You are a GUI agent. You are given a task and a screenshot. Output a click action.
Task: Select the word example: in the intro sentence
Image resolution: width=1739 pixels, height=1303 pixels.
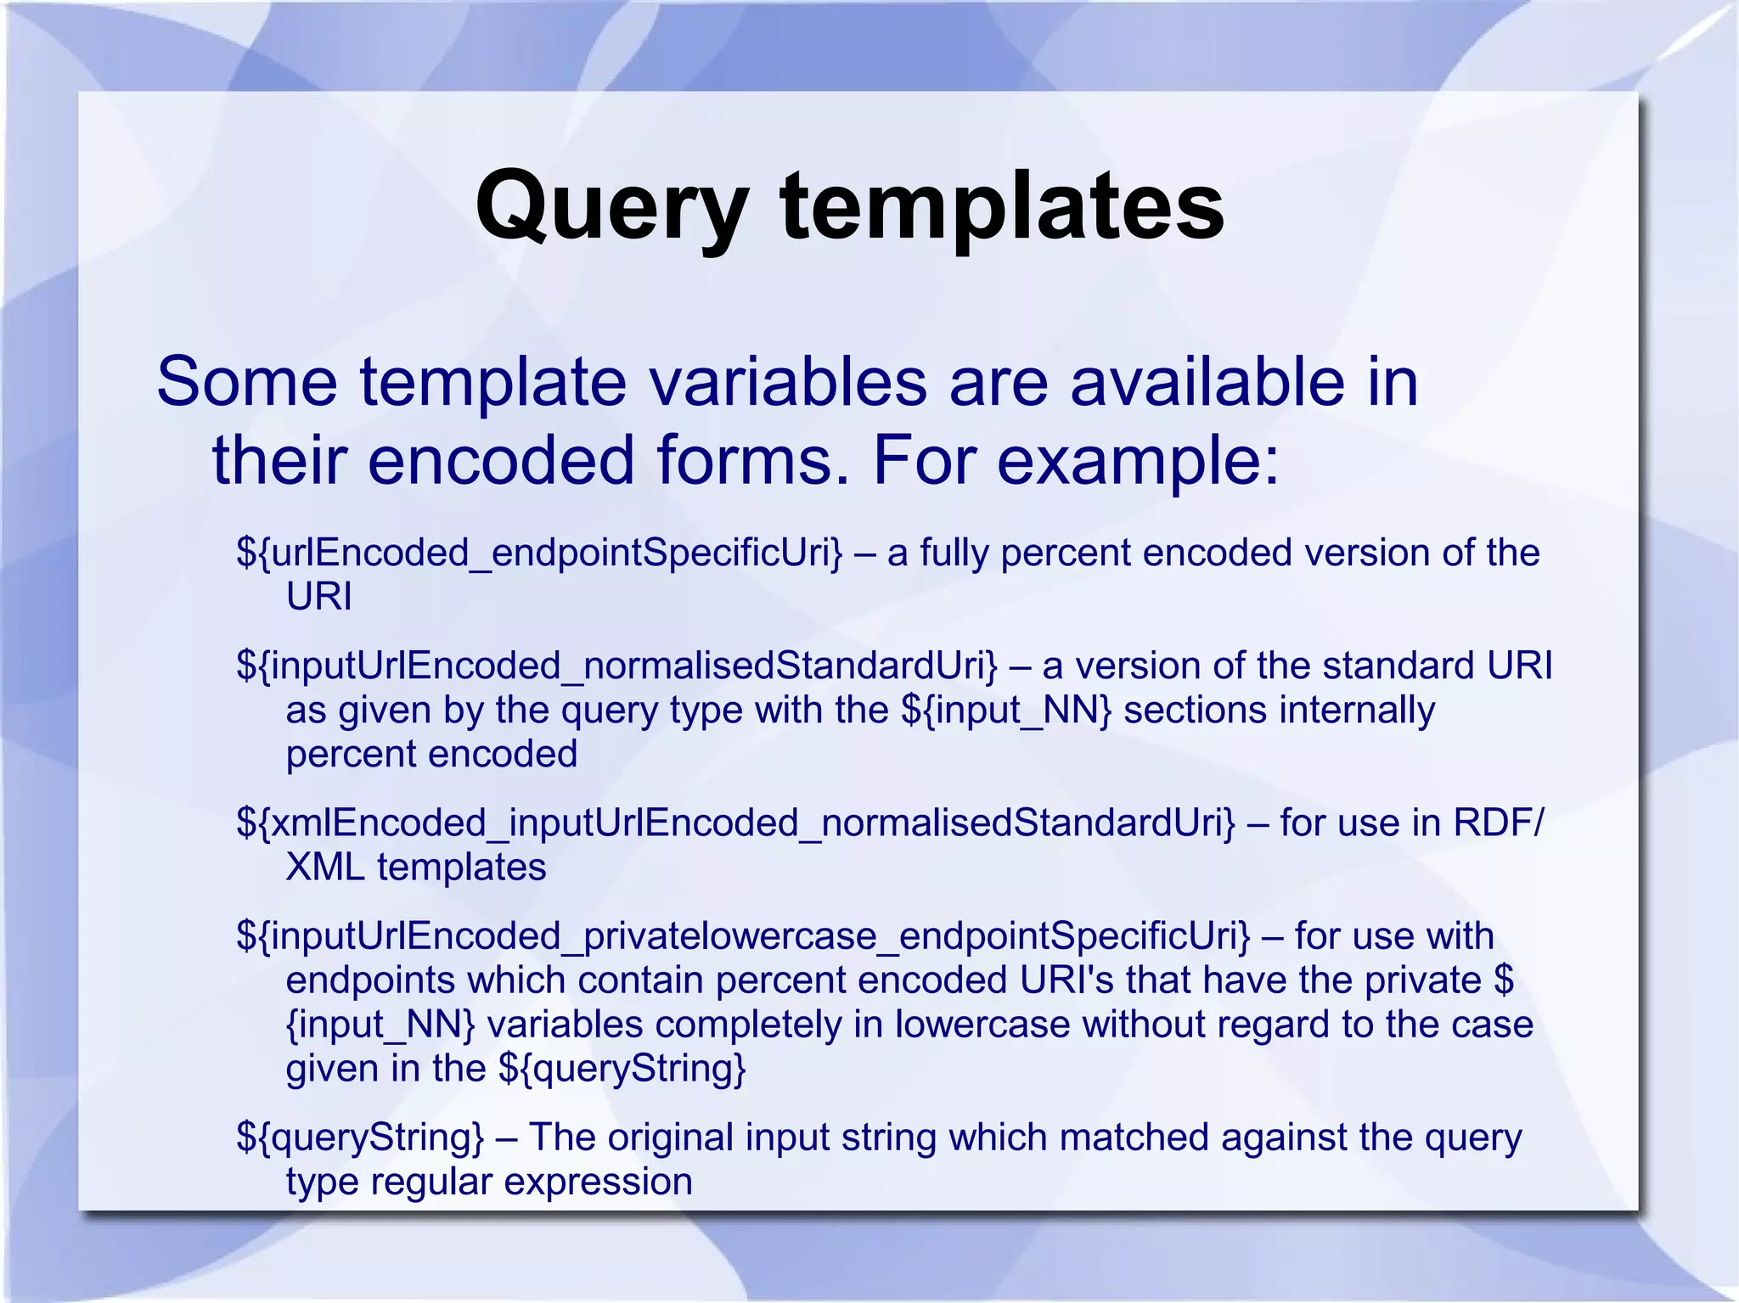(x=1138, y=460)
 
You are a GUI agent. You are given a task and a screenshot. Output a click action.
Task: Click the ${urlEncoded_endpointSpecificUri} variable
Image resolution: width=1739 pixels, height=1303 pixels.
(x=540, y=553)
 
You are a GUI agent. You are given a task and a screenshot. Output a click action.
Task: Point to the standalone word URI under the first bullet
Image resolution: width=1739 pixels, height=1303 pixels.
(x=318, y=597)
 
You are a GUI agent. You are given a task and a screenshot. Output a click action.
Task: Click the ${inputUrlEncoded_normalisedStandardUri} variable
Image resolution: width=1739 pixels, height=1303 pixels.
(x=617, y=666)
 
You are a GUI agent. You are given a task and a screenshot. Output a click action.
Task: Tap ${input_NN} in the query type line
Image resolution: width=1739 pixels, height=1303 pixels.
(x=1005, y=710)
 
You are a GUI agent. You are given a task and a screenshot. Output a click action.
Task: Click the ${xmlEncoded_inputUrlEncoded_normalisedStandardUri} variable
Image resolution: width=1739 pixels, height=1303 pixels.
(x=736, y=823)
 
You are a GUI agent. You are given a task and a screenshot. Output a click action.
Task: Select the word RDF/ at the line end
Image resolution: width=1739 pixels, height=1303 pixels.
(x=1499, y=823)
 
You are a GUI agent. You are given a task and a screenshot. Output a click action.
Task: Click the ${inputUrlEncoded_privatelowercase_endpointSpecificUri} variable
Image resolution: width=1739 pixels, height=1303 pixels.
(x=743, y=936)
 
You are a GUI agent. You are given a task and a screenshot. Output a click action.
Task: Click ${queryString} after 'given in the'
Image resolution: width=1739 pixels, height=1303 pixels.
(x=622, y=1069)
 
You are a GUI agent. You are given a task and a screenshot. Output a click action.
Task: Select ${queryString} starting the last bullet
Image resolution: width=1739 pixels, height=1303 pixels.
(x=360, y=1137)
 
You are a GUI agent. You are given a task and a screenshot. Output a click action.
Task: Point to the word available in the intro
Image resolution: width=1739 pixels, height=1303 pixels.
(x=1207, y=382)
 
